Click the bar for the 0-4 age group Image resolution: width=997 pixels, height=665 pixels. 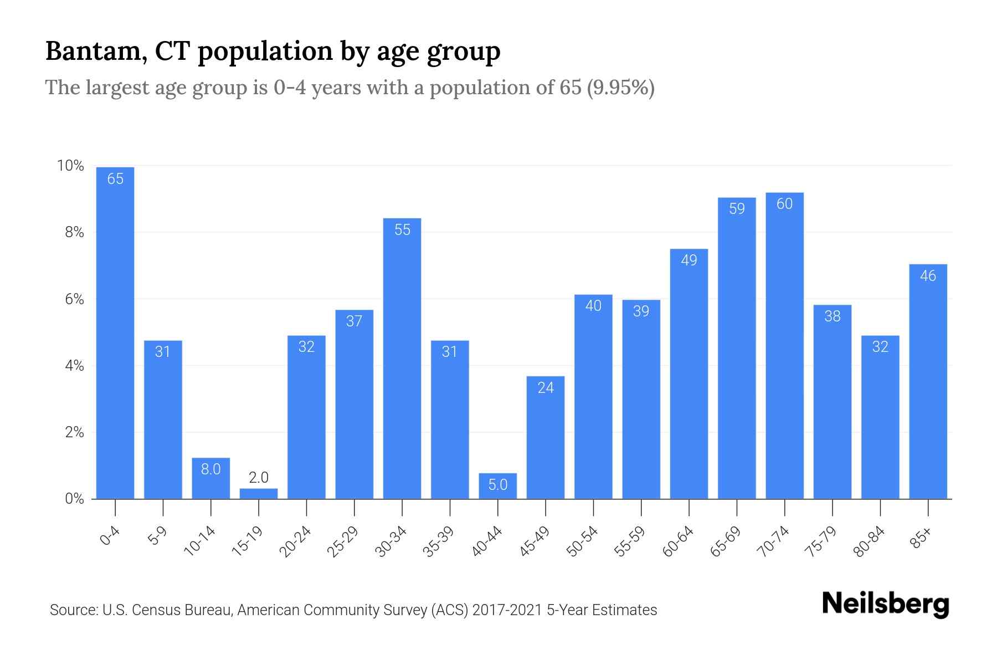[115, 332]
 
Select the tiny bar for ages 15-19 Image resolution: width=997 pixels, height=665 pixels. [259, 493]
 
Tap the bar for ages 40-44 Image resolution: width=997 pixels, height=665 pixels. [498, 486]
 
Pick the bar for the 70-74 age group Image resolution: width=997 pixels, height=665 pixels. [784, 346]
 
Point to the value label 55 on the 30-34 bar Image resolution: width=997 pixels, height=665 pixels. [403, 229]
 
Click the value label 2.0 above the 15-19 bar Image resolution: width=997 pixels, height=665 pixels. [259, 477]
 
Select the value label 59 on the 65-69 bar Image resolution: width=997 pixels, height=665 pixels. [737, 208]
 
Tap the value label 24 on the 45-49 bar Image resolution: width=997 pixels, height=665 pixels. [546, 387]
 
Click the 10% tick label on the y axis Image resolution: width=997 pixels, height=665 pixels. [70, 166]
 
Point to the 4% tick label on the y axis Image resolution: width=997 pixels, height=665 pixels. [74, 366]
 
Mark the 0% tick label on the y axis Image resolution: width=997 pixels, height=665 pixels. [74, 499]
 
